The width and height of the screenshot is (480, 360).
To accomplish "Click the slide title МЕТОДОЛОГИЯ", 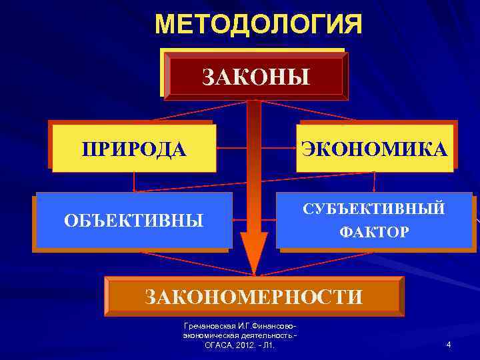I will click(x=259, y=25).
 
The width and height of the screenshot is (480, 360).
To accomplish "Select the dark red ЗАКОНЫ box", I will click(x=256, y=75).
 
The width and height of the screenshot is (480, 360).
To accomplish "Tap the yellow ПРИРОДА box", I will click(x=133, y=148).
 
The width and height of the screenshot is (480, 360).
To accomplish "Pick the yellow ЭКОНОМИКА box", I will click(x=374, y=148).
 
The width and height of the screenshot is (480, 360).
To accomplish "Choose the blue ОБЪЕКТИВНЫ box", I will click(x=133, y=220).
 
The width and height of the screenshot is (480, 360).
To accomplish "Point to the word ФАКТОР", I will click(x=373, y=233).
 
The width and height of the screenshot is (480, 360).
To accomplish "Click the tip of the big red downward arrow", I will click(x=253, y=271).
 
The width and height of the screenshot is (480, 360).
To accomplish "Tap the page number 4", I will click(x=449, y=345).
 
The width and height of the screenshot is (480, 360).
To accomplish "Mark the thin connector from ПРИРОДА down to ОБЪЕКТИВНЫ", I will click(x=134, y=182).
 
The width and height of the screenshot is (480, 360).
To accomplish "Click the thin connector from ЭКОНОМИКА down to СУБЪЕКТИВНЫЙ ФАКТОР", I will click(x=374, y=182).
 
